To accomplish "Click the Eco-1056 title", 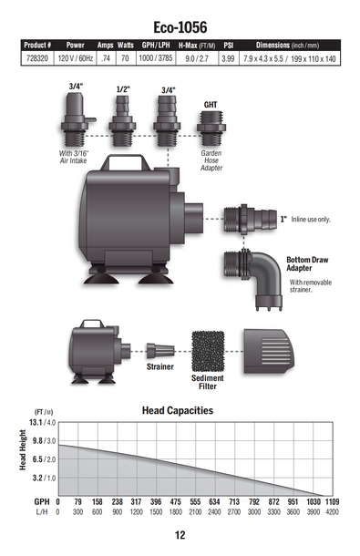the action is tap(180, 27).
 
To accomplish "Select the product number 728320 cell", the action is tap(37, 58).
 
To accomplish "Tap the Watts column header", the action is tap(126, 46).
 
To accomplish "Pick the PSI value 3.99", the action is tap(228, 59).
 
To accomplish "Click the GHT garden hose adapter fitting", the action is tap(211, 128).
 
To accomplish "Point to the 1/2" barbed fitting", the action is tap(122, 120).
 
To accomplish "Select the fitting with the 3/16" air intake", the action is tap(76, 119).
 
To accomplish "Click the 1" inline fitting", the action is tap(250, 219).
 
